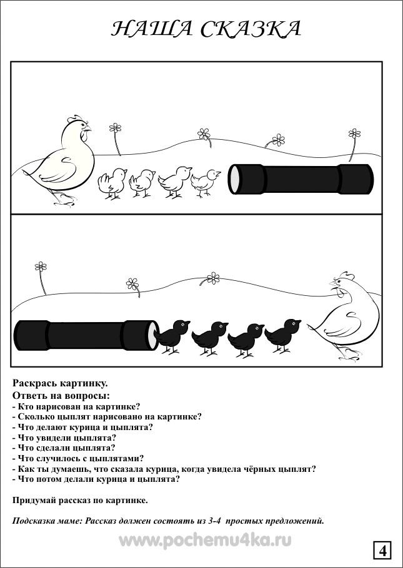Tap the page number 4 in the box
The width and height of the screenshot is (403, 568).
(x=382, y=551)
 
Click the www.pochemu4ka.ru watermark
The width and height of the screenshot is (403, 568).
(x=205, y=541)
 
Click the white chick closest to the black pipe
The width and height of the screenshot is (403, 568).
(x=206, y=182)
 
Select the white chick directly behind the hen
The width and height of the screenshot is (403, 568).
(x=112, y=182)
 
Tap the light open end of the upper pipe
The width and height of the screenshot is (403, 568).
(x=234, y=179)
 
